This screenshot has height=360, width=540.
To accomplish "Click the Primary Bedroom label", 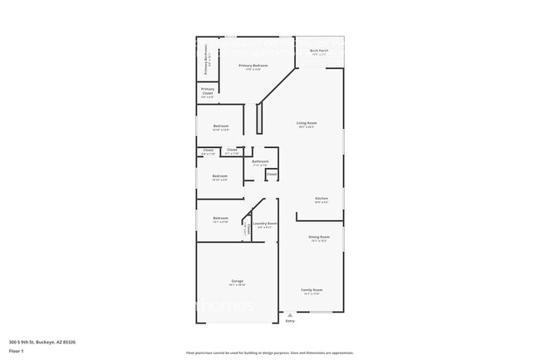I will (x=253, y=66).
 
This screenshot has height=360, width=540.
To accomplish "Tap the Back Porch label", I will (x=319, y=51).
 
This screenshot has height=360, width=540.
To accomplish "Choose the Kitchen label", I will (x=321, y=199).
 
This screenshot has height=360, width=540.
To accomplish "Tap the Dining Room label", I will (x=319, y=238).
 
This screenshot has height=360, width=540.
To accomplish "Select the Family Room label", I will (x=312, y=290).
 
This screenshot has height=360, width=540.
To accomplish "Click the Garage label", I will (x=237, y=282).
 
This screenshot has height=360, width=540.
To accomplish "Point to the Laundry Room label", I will (x=265, y=224).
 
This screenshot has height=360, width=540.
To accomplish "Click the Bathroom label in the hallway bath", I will (x=260, y=162).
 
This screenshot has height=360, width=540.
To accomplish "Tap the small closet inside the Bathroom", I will (x=271, y=174).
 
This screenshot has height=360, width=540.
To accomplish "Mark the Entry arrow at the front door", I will (x=289, y=315).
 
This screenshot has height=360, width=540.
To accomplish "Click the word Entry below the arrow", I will (x=290, y=321).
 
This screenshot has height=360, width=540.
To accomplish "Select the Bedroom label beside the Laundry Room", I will (x=220, y=219).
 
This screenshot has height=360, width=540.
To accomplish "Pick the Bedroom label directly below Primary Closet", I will (x=220, y=126).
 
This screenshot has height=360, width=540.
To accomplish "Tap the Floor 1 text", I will (x=16, y=350).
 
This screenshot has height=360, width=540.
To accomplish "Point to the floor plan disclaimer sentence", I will (x=270, y=353).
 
